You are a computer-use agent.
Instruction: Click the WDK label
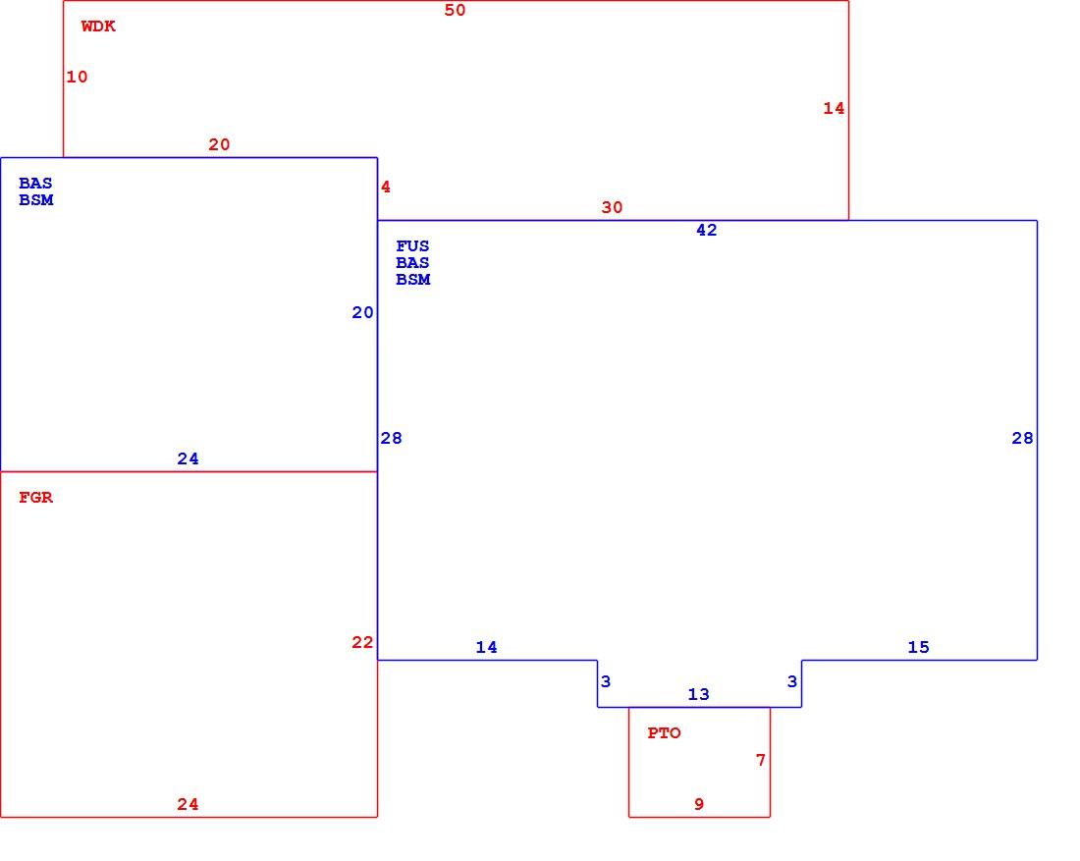(x=98, y=27)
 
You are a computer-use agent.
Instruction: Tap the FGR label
(x=35, y=498)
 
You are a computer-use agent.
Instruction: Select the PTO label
(x=664, y=733)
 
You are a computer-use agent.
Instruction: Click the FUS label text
(x=412, y=245)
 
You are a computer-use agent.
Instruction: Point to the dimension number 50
(x=455, y=10)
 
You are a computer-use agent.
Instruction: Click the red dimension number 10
(x=77, y=77)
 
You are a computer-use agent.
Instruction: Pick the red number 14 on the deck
(x=834, y=108)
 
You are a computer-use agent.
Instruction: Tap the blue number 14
(x=486, y=647)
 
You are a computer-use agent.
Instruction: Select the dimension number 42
(x=707, y=230)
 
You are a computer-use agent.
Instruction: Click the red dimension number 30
(x=612, y=207)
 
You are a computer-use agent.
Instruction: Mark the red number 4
(x=386, y=187)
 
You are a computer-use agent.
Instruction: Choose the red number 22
(x=362, y=643)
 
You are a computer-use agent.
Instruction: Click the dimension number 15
(x=918, y=647)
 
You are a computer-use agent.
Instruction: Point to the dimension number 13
(x=698, y=694)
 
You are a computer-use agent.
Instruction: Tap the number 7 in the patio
(x=760, y=760)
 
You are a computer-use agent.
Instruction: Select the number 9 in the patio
(x=699, y=804)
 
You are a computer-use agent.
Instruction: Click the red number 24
(x=189, y=804)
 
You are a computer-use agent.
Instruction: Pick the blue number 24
(x=189, y=458)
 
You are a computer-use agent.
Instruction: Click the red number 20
(x=219, y=144)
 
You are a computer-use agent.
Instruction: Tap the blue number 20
(x=362, y=313)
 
